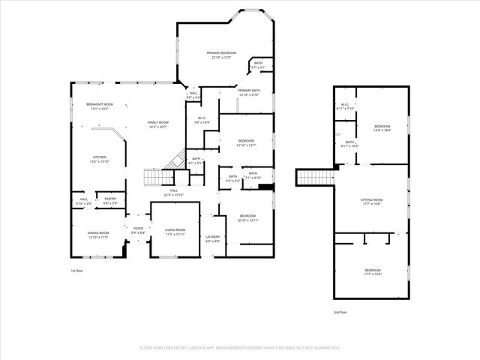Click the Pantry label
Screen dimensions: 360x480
tap(109, 200)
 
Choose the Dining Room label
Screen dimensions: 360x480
tap(98, 235)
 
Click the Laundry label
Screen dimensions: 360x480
tap(212, 238)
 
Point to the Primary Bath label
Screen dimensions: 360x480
tap(249, 92)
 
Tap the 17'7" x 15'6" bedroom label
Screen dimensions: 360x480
tap(372, 271)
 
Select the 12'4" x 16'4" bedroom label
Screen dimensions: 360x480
tap(382, 127)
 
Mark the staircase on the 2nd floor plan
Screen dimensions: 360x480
tap(308, 177)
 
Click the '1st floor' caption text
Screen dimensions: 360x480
tap(76, 270)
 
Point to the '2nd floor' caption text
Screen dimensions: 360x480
tap(340, 312)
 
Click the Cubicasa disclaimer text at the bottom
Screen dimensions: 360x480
tap(240, 348)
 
